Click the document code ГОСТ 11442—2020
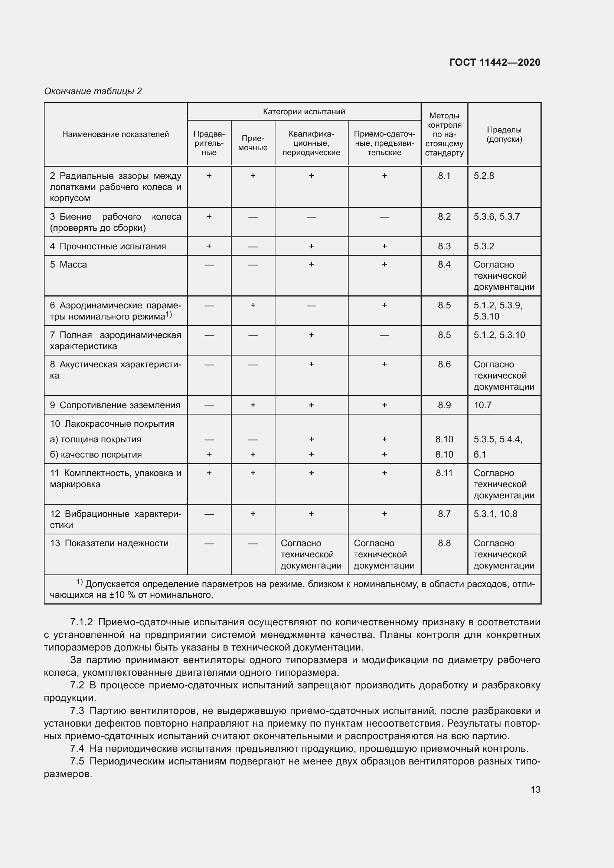coord(494,62)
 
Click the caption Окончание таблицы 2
coord(93,91)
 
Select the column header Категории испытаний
coord(304,112)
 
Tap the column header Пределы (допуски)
coord(504,134)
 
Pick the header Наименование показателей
coord(115,134)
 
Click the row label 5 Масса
coord(68,265)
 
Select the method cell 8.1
coord(444,176)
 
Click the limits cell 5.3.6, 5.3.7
coord(496,217)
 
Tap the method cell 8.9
coord(444,405)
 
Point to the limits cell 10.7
coord(483,405)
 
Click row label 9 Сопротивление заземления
coord(115,405)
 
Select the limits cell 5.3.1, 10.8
coord(495,514)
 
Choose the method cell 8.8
coord(444,543)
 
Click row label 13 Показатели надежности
coord(109,543)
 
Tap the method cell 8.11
coord(444,473)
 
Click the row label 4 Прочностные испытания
coord(108,246)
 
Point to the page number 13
coord(535,789)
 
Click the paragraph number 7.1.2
coord(81,622)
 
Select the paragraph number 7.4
coord(77,749)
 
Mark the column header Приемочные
coord(253,143)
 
